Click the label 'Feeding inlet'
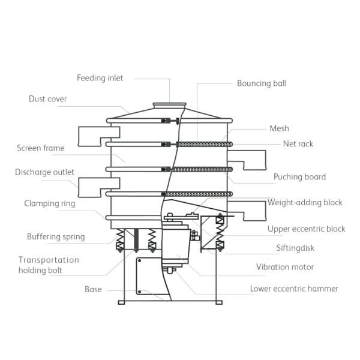coord(100,78)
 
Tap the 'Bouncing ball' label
coord(261,83)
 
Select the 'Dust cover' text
coord(48,99)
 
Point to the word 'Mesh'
coord(279,128)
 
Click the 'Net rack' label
coord(298,144)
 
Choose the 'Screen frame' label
coord(40,148)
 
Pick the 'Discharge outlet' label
coord(44,172)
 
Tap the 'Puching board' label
coord(299,177)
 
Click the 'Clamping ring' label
coord(49,203)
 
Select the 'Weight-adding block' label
coord(305,203)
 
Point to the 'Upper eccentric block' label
coord(306,229)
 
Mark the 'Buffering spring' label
coord(56,236)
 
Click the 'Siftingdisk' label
coord(295,248)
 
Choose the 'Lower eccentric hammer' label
coord(294,289)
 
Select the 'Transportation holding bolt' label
coord(49,265)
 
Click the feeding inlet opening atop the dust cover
coord(169,105)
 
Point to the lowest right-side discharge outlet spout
coord(249,210)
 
